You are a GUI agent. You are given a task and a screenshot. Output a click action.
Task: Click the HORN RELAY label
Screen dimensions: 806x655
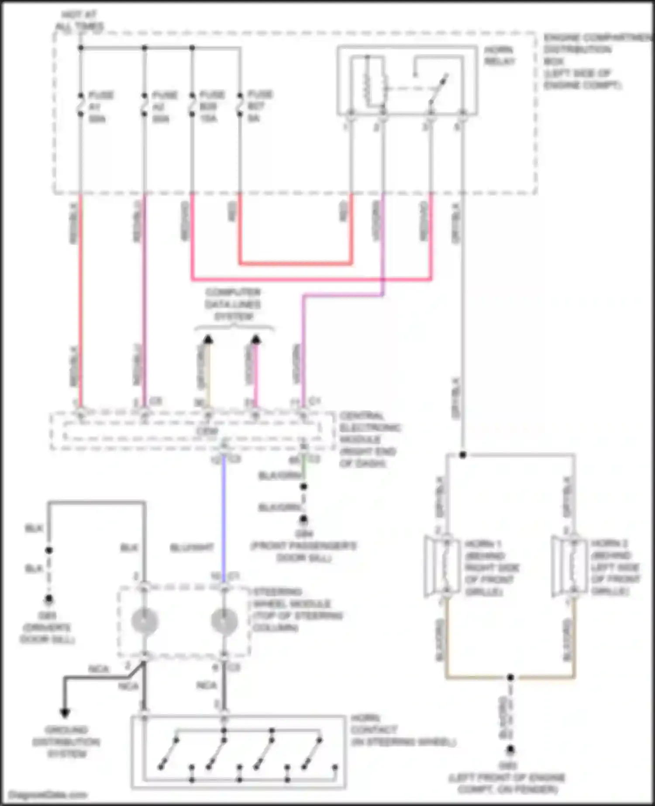click(x=499, y=55)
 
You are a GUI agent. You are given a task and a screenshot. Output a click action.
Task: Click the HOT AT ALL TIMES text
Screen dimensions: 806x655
click(x=79, y=21)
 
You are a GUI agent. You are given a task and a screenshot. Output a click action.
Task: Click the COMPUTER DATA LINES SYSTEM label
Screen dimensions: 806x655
click(x=233, y=304)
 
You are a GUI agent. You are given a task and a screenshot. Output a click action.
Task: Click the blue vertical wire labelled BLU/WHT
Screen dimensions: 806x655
click(x=224, y=515)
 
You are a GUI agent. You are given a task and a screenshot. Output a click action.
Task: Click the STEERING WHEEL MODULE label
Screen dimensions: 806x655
click(x=297, y=610)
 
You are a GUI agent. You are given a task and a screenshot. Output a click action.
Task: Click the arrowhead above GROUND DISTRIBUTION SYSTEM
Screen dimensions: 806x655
click(x=65, y=713)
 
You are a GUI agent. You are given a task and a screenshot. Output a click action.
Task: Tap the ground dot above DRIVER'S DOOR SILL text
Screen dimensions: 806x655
click(x=49, y=599)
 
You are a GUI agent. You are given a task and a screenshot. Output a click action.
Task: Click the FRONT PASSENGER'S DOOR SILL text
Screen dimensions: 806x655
click(x=303, y=552)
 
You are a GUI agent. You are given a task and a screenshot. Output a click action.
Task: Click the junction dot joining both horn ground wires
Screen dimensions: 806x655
click(x=510, y=677)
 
